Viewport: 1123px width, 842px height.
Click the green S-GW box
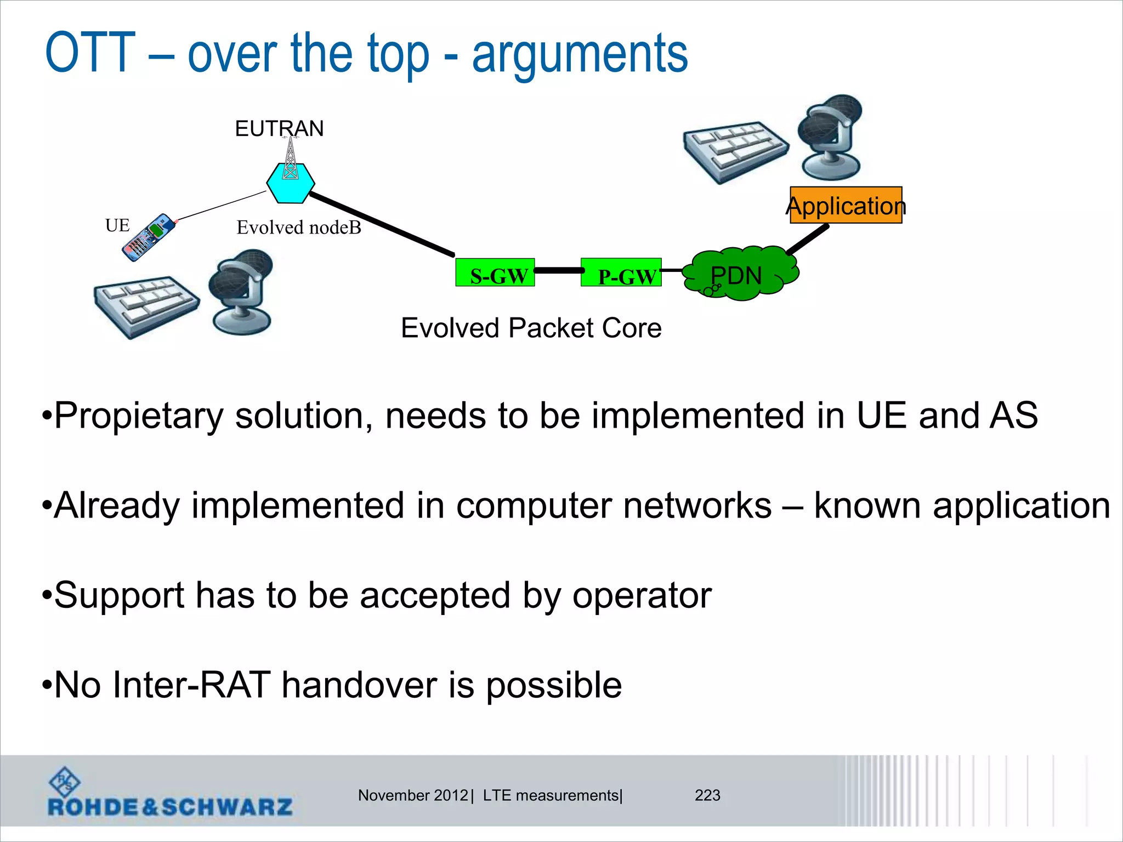pyautogui.click(x=495, y=272)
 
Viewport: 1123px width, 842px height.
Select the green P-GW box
pyautogui.click(x=621, y=272)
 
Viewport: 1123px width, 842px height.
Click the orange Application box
pyautogui.click(x=846, y=205)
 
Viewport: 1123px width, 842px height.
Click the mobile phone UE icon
pyautogui.click(x=148, y=237)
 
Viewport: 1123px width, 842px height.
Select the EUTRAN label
pyautogui.click(x=279, y=129)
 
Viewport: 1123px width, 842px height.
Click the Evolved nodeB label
pyautogui.click(x=299, y=227)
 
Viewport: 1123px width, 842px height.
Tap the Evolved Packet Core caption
pyautogui.click(x=531, y=328)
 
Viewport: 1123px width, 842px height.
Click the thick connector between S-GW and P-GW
pyautogui.click(x=558, y=270)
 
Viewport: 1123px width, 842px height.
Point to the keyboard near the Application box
pyautogui.click(x=735, y=151)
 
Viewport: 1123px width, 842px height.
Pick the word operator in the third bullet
pyautogui.click(x=642, y=595)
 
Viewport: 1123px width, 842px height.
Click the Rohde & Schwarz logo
pyautogui.click(x=170, y=794)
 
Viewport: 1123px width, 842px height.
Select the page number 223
pyautogui.click(x=707, y=795)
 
